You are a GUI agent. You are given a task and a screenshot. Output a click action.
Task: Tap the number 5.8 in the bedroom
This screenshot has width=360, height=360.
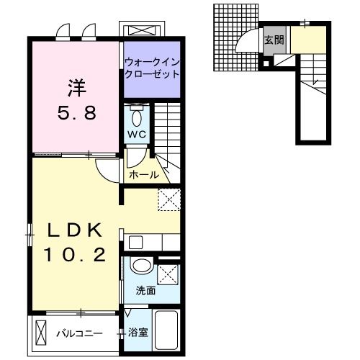(76, 113)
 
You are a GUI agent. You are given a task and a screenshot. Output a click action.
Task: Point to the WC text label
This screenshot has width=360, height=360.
(137, 134)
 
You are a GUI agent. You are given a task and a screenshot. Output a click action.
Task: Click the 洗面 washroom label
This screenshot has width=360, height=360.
(146, 292)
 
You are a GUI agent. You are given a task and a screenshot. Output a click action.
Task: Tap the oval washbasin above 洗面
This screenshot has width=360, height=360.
(142, 267)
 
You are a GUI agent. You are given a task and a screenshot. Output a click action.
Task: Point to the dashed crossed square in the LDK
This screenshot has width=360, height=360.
(168, 199)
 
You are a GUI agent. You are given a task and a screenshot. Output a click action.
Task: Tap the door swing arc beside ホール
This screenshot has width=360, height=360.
(107, 170)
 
